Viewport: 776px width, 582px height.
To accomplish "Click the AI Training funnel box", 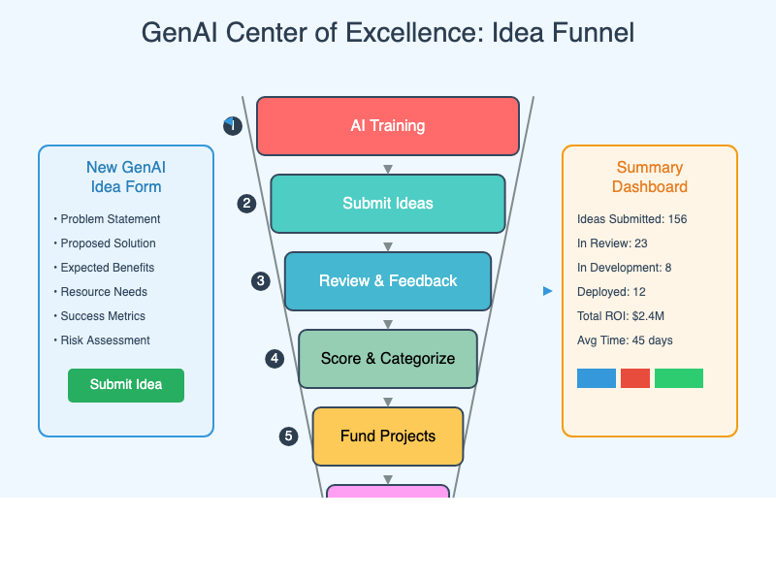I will coord(388,126).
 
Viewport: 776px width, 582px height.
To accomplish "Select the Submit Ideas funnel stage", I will coord(388,204).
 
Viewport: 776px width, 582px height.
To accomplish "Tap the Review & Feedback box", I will coord(388,281).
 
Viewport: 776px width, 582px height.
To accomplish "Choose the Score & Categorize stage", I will coord(388,359).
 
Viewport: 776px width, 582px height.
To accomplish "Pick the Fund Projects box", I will coord(388,436).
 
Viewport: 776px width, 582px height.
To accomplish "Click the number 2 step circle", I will coord(247,204).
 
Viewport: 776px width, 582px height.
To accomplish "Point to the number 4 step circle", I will coord(275,359).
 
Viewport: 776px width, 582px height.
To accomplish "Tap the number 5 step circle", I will coord(288,436).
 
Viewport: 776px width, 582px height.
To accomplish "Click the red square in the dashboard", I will coord(635,378).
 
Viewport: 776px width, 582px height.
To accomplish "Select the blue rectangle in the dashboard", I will coord(597,378).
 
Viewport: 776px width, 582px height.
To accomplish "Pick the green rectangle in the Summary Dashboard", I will coord(679,378).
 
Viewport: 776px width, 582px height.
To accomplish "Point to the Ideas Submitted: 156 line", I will coord(631,219).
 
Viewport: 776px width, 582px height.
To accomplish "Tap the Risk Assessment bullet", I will coord(105,340).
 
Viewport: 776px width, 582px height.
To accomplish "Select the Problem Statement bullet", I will coord(110,219).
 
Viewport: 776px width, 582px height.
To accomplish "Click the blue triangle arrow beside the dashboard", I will coord(548,291).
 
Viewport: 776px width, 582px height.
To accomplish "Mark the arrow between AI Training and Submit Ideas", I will coord(388,169).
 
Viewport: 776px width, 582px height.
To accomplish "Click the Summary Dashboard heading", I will coord(650,178).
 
